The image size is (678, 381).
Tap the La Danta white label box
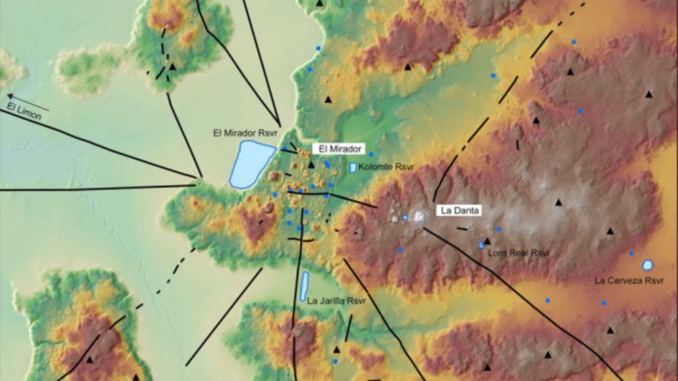pyautogui.click(x=459, y=210)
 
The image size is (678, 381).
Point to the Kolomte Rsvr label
pyautogui.click(x=382, y=168)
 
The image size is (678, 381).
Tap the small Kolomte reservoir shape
pyautogui.click(x=354, y=168)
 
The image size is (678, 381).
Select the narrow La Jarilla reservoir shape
pyautogui.click(x=305, y=286)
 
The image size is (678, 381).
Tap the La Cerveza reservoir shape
pyautogui.click(x=648, y=265)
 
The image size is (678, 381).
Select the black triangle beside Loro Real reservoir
pyautogui.click(x=487, y=241)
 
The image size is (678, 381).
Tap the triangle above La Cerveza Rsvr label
pyautogui.click(x=610, y=232)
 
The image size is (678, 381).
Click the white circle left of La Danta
pyautogui.click(x=405, y=217)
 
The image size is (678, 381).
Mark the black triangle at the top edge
pyautogui.click(x=320, y=3)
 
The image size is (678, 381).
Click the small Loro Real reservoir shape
pyautogui.click(x=481, y=245)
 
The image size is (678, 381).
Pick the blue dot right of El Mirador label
pyautogui.click(x=371, y=154)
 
